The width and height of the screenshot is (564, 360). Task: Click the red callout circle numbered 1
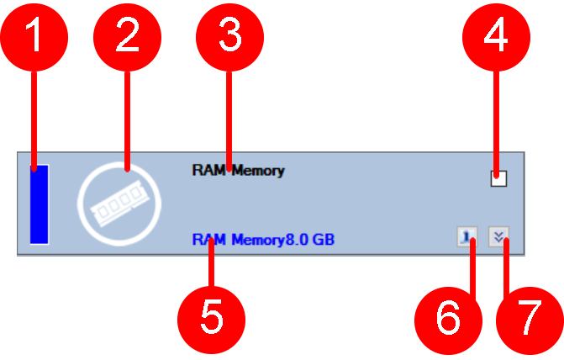pyautogui.click(x=34, y=34)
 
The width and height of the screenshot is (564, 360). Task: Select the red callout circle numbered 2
pyautogui.click(x=127, y=34)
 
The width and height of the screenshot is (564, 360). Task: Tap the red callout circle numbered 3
pyautogui.click(x=229, y=34)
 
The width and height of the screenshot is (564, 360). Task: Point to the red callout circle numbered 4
pyautogui.click(x=498, y=34)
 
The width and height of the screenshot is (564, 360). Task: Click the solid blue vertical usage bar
pyautogui.click(x=39, y=204)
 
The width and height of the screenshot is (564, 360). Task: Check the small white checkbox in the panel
pyautogui.click(x=498, y=177)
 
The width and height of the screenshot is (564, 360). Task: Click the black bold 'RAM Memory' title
pyautogui.click(x=238, y=171)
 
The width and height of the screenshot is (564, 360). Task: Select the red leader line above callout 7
pyautogui.click(x=504, y=269)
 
